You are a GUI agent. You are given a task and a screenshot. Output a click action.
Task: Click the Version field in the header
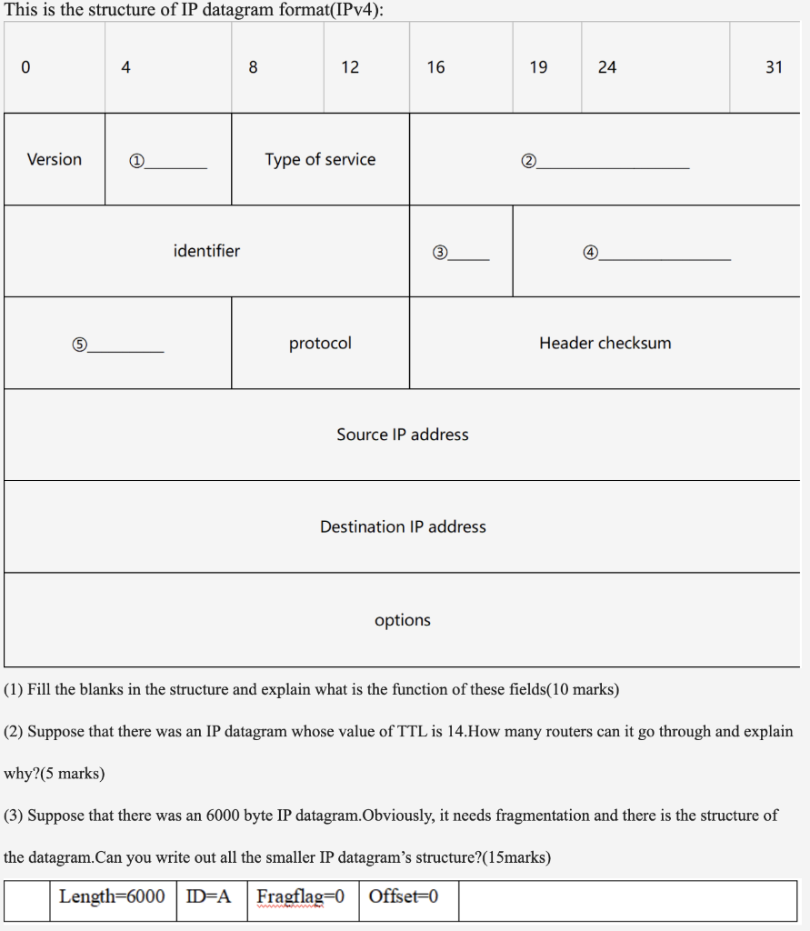[55, 160]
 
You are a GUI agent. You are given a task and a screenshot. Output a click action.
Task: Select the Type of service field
[320, 160]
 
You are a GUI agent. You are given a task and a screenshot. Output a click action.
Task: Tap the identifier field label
[206, 251]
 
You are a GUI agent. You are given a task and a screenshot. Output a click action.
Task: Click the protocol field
[320, 344]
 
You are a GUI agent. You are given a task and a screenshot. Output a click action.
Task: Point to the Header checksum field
[605, 344]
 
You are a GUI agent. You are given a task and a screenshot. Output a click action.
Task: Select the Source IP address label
[403, 435]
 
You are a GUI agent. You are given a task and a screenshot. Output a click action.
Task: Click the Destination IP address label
[403, 527]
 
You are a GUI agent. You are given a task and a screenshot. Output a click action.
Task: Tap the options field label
[403, 620]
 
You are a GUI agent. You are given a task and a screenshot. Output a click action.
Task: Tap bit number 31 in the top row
[774, 67]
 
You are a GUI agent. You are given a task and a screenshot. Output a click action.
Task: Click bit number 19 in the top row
[538, 67]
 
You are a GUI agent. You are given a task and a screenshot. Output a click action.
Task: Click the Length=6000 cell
[113, 897]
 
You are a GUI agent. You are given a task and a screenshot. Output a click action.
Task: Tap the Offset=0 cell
[404, 897]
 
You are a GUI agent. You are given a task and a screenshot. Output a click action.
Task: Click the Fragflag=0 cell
[301, 897]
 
